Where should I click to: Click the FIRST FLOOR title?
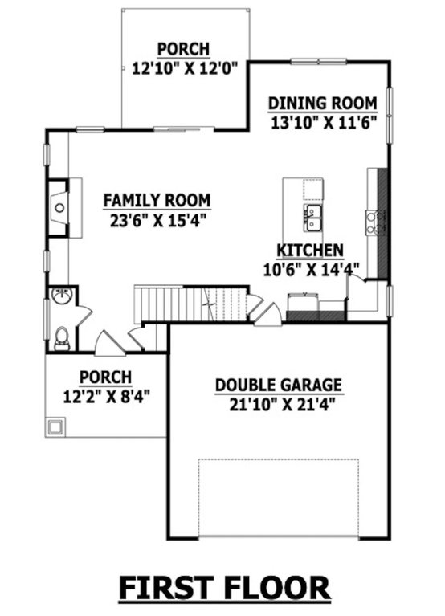[x=224, y=588]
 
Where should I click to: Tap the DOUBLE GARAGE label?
[x=279, y=385]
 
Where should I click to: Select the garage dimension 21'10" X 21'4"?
[x=282, y=404]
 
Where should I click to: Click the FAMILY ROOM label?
[x=157, y=200]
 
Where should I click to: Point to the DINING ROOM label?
[x=323, y=104]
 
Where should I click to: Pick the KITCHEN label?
[x=310, y=251]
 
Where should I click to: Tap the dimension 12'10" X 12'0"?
[x=186, y=68]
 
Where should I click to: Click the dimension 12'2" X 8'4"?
[x=107, y=397]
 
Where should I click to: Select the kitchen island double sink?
[x=312, y=218]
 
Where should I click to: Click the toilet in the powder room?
[x=62, y=340]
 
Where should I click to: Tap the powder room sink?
[x=62, y=296]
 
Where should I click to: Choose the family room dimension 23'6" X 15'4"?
[x=158, y=220]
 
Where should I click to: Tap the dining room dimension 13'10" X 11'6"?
[x=324, y=122]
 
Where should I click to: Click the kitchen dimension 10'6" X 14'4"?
[x=311, y=270]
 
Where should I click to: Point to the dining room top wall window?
[x=319, y=61]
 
